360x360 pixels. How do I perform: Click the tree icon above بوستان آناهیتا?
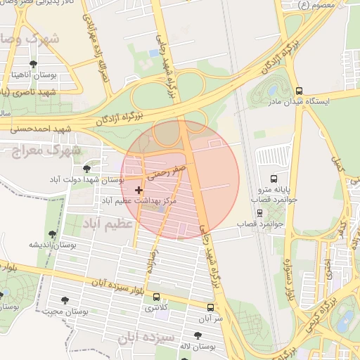(x=33, y=64)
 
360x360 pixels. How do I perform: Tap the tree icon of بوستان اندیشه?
(x=52, y=234)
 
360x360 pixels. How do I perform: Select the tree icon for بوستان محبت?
(x=65, y=300)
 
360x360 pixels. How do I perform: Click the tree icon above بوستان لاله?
(x=197, y=336)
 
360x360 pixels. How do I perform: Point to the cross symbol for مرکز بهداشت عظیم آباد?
(x=139, y=190)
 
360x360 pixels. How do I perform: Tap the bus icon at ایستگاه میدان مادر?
(x=300, y=91)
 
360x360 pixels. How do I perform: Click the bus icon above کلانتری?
(x=155, y=297)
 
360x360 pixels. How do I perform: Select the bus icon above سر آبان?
(x=210, y=307)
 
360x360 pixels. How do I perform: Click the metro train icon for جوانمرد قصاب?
(x=259, y=212)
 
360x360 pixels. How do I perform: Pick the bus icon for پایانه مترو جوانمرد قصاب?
(x=274, y=179)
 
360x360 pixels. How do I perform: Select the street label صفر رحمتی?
(x=168, y=169)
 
